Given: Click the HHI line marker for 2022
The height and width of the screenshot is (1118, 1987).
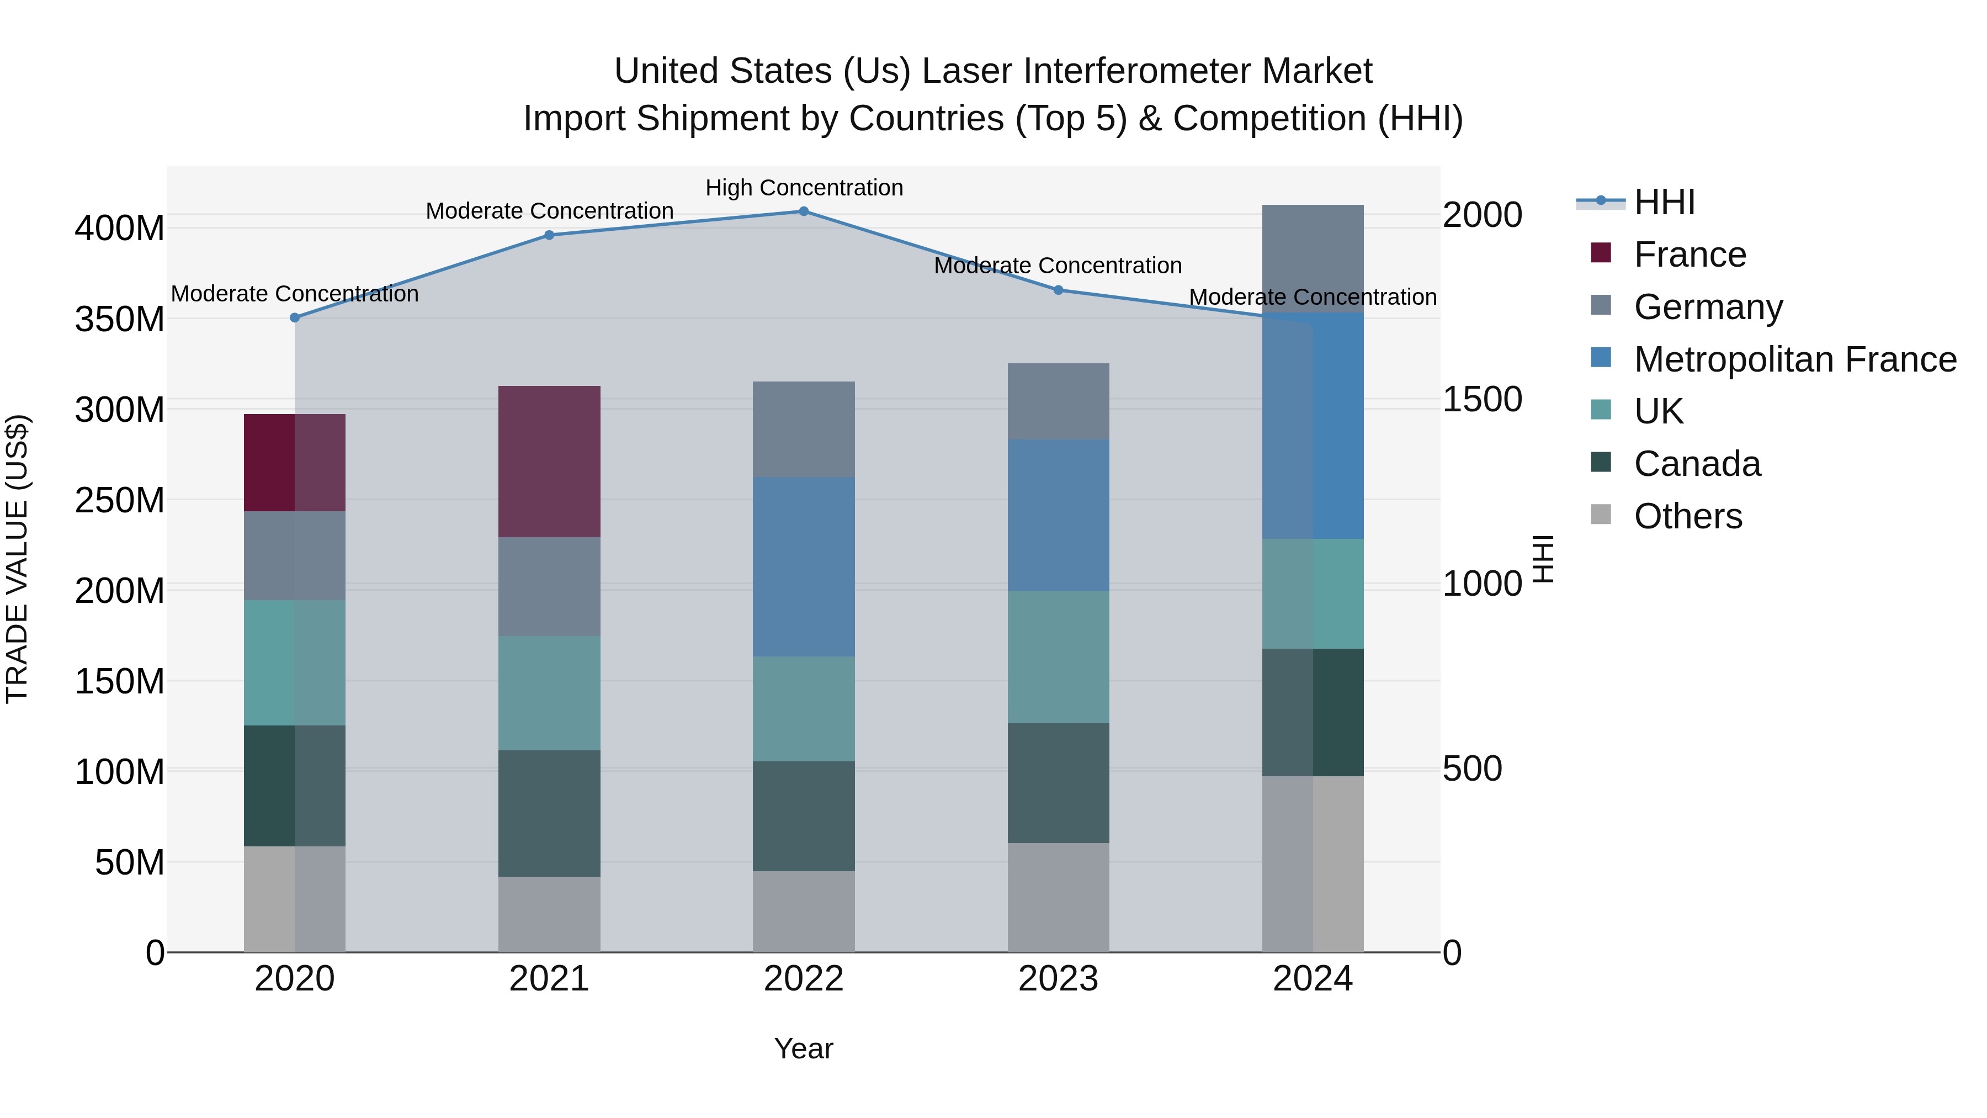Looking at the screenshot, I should [803, 211].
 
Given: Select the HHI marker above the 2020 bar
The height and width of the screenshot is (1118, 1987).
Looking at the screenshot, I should [295, 318].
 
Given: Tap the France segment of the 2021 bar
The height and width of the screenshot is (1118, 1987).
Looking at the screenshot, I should [549, 462].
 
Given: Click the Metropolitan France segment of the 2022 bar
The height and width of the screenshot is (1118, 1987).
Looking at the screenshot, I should [803, 567].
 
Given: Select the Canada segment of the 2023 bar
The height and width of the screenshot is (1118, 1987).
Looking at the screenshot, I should [1058, 782].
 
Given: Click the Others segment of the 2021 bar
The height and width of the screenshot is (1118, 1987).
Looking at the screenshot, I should [549, 914].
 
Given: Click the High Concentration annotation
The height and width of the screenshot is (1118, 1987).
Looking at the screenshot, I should [804, 188].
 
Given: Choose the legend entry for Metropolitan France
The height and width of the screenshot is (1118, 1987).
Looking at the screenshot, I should [1794, 359].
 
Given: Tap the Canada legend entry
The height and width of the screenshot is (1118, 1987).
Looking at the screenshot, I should [1697, 464].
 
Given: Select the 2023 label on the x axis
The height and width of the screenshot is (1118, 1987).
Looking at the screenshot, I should [1058, 979].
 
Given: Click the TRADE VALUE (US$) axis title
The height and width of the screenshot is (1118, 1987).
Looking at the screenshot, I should [17, 559].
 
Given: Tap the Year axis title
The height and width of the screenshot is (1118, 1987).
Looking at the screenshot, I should [803, 1048].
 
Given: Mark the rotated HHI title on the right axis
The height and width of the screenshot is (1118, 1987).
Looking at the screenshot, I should [1542, 559].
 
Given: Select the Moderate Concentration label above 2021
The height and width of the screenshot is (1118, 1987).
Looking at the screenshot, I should [549, 211].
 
